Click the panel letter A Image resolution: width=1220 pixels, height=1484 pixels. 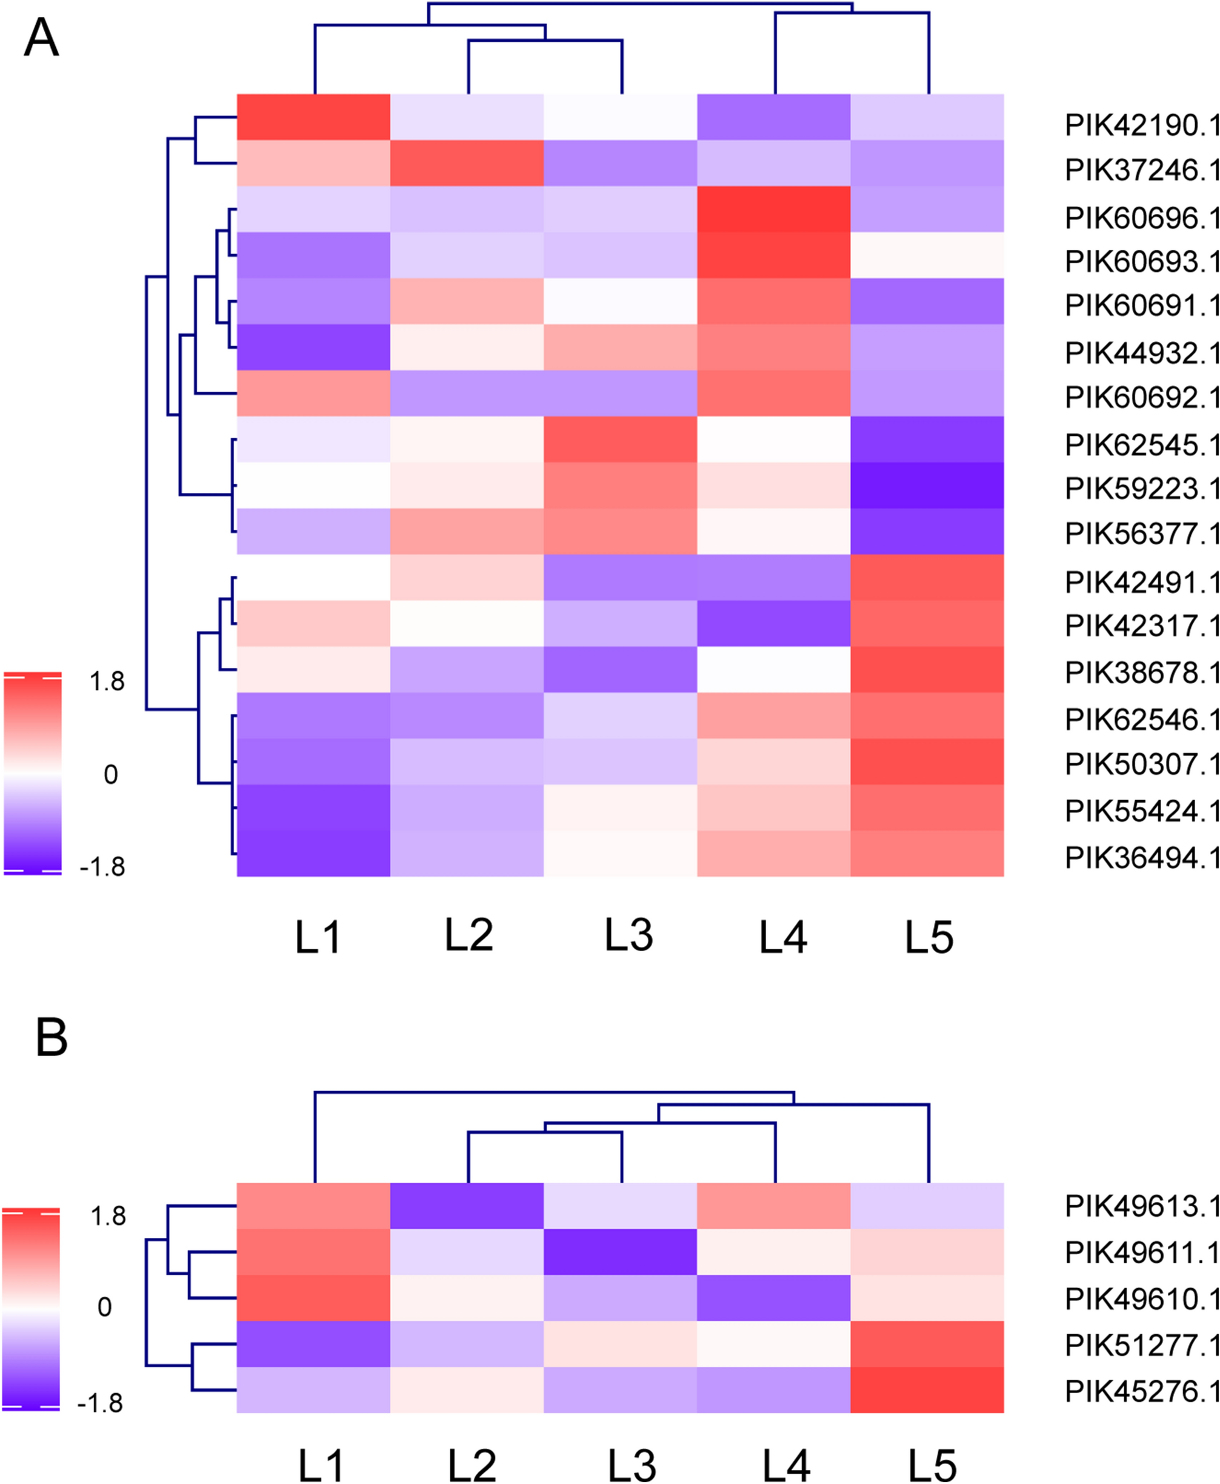coord(41,38)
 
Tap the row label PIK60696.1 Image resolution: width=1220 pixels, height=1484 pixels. coord(1141,218)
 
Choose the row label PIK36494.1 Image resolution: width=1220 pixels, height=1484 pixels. coord(1141,858)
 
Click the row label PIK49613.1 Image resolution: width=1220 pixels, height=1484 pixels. coord(1141,1206)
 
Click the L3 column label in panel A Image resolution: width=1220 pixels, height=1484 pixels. coord(628,935)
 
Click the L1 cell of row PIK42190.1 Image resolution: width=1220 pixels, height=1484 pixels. coord(313,117)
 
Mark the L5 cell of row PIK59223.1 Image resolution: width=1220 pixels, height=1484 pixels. coord(927,485)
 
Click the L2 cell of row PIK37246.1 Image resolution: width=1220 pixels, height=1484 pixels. coord(467,163)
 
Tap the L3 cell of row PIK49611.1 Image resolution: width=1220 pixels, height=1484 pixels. coord(621,1252)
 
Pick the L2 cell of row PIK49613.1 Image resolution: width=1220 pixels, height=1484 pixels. coord(467,1206)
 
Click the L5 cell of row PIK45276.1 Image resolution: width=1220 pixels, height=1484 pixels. coord(927,1390)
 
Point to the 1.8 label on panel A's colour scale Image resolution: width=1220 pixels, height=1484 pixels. coord(107,681)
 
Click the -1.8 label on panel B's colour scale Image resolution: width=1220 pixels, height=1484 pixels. coord(101,1403)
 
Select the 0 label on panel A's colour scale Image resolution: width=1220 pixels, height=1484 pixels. coord(110,775)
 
